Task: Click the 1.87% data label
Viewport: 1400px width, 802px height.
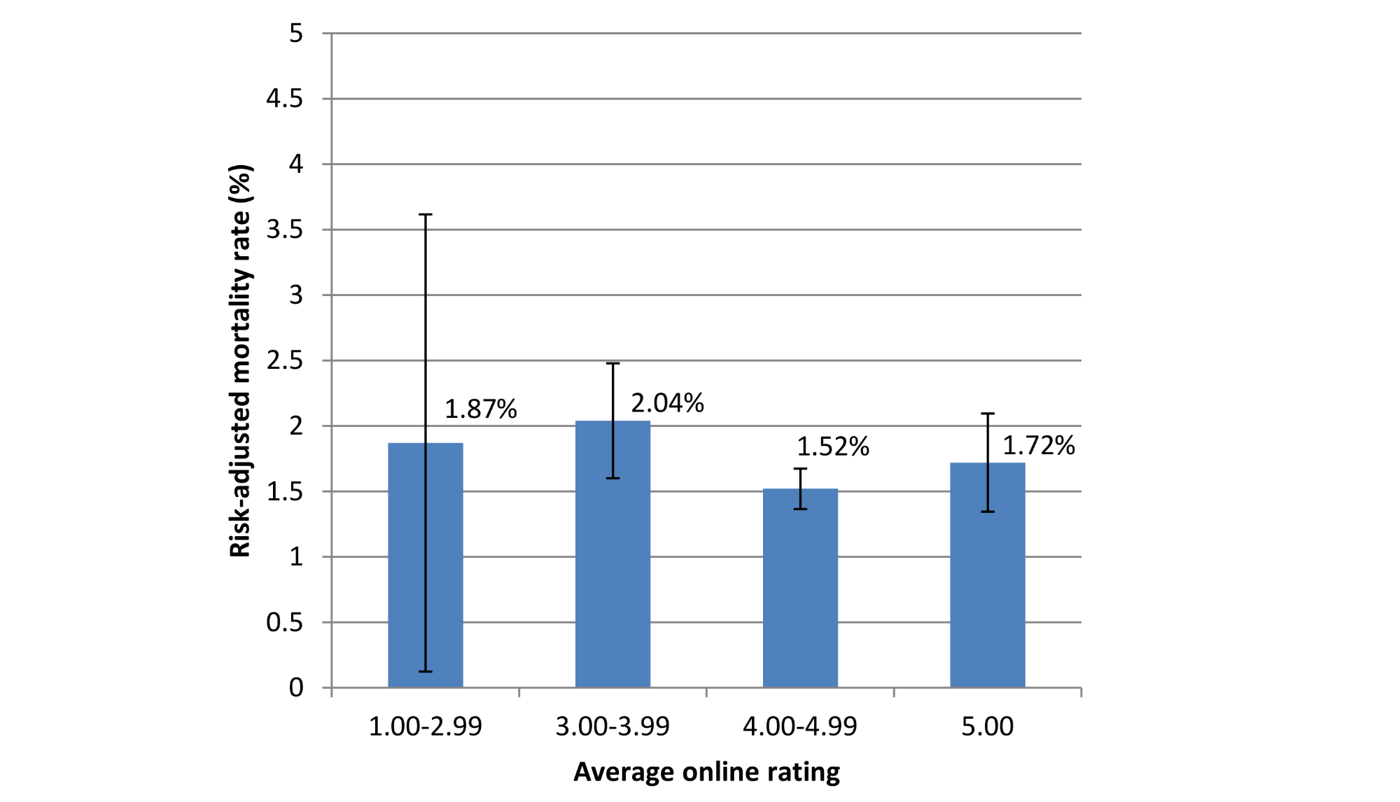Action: pyautogui.click(x=480, y=409)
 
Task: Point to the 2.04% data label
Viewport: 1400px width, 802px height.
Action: pyautogui.click(x=667, y=403)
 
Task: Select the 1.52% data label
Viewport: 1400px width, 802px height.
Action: pyautogui.click(x=832, y=446)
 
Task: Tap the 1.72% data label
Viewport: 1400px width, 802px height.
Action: pyautogui.click(x=1038, y=445)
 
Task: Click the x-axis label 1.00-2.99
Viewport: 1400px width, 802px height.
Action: pyautogui.click(x=425, y=726)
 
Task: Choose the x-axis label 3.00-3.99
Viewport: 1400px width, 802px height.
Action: pyautogui.click(x=612, y=726)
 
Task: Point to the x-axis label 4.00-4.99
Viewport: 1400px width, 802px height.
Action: pyautogui.click(x=799, y=726)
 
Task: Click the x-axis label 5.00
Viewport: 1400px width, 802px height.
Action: pyautogui.click(x=987, y=726)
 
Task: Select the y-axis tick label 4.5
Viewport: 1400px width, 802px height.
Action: pyautogui.click(x=284, y=99)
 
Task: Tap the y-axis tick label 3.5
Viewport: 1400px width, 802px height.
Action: pyautogui.click(x=284, y=230)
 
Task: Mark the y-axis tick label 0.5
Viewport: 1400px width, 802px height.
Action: pyautogui.click(x=284, y=622)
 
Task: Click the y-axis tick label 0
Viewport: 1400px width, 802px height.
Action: pyautogui.click(x=296, y=688)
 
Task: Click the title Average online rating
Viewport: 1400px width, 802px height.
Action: pyautogui.click(x=706, y=772)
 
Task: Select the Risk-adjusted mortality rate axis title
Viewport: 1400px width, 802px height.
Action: pyautogui.click(x=239, y=360)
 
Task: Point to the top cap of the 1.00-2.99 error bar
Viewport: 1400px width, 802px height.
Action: pyautogui.click(x=425, y=215)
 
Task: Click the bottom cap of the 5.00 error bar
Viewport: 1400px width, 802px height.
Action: pyautogui.click(x=987, y=512)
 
